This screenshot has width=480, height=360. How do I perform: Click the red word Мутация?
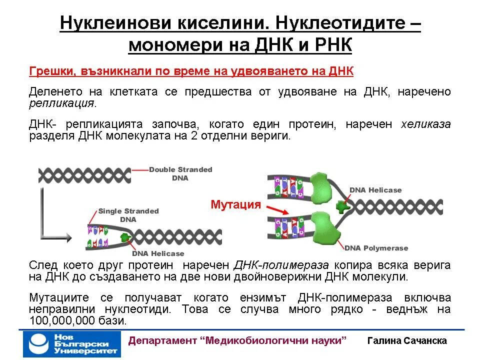(x=236, y=204)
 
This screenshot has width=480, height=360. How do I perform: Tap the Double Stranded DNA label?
(x=180, y=173)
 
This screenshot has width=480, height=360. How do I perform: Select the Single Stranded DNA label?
(x=128, y=215)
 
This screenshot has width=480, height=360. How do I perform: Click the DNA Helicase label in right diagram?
(x=375, y=190)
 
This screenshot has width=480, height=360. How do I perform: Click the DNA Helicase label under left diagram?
(x=158, y=253)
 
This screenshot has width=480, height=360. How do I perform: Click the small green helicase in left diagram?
(x=125, y=238)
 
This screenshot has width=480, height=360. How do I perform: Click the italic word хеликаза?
(x=425, y=124)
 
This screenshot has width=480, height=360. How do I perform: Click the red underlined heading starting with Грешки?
(x=191, y=71)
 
